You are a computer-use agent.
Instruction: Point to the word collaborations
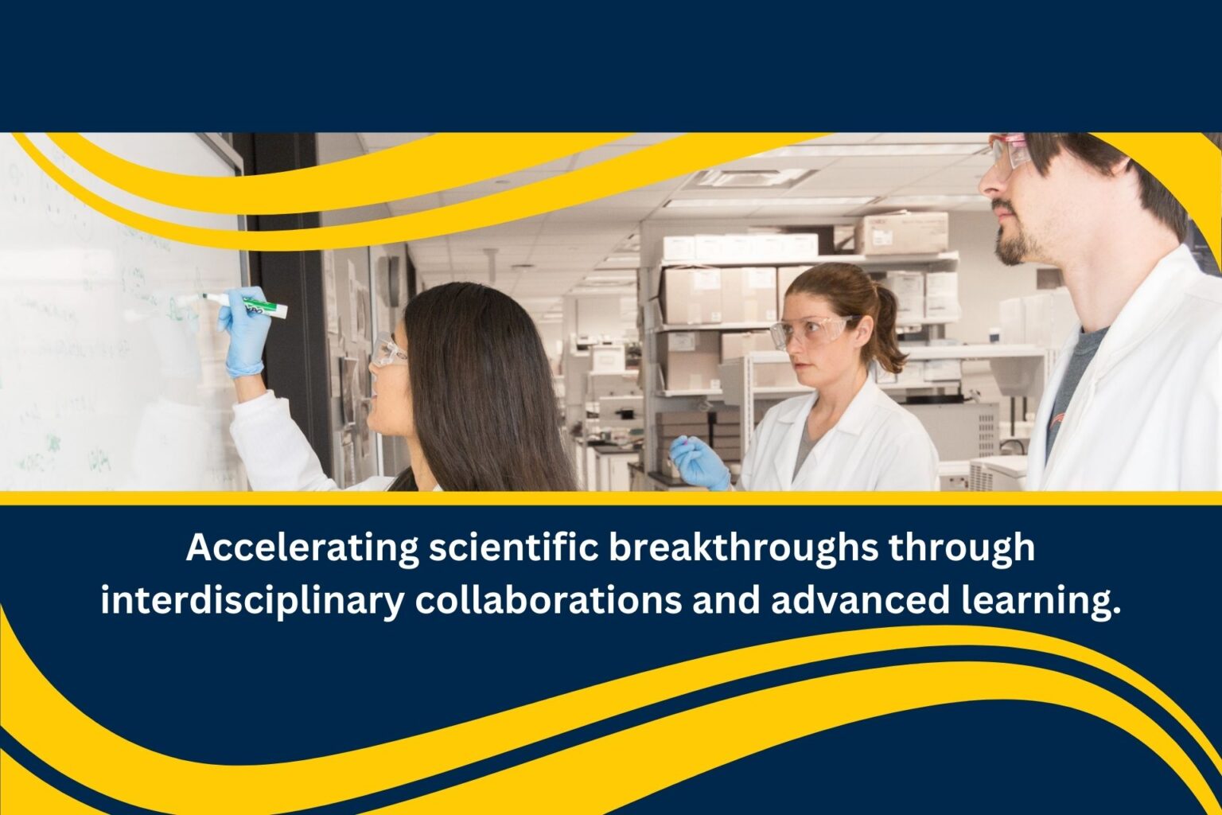click(548, 600)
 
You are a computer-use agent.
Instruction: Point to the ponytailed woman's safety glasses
click(811, 331)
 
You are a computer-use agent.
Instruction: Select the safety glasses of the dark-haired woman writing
click(387, 351)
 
